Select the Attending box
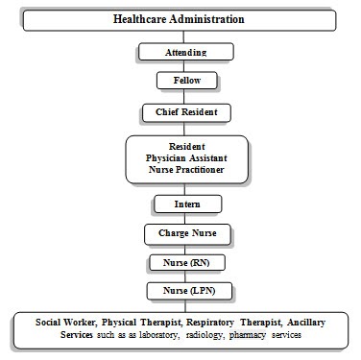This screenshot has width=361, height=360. point(185,52)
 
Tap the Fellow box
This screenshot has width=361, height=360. point(185,82)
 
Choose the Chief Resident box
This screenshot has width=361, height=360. point(186,112)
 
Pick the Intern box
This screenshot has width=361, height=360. point(187,204)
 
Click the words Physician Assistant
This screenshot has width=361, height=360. point(186,157)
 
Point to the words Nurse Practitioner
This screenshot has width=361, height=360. point(186,170)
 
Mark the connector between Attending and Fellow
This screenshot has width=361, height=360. point(185,66)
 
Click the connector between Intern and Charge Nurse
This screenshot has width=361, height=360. point(186,218)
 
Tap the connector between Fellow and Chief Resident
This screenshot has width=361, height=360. point(185,97)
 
